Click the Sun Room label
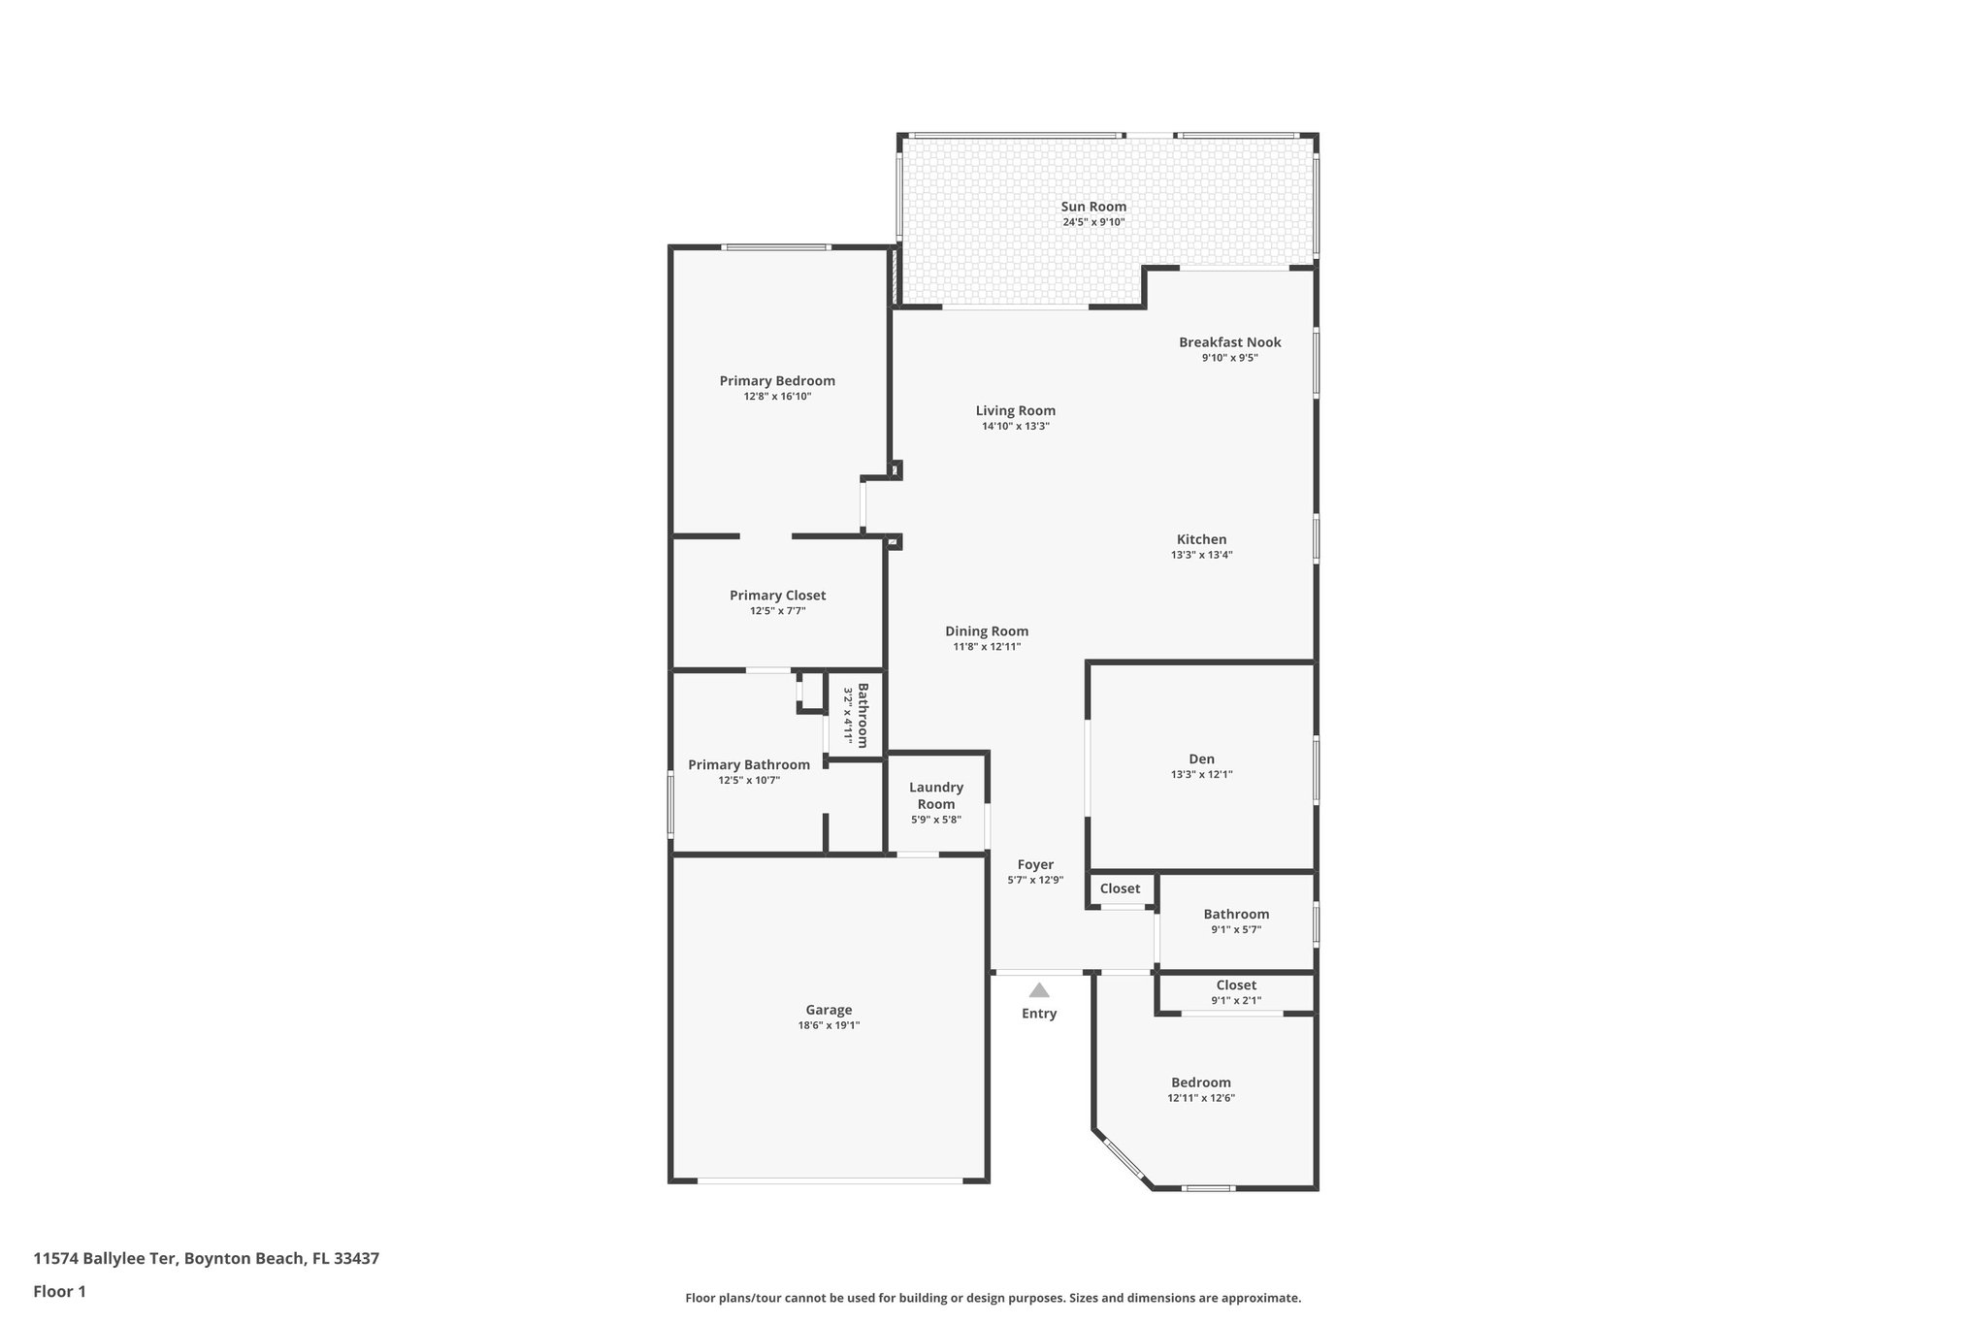tap(1093, 207)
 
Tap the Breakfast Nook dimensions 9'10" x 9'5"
tap(1229, 358)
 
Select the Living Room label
tap(1015, 410)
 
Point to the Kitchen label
tap(1201, 539)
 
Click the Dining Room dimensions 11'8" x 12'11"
tap(987, 647)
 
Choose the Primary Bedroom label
tap(776, 381)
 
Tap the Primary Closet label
tap(777, 596)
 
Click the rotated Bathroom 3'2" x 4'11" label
tap(855, 715)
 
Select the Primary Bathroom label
tap(748, 764)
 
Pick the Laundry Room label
tap(935, 795)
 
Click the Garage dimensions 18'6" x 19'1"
tap(828, 1025)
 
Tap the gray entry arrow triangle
tap(1038, 990)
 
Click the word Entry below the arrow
tap(1038, 1014)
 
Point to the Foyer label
tap(1035, 864)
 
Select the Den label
tap(1201, 759)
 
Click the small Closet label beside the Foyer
tap(1120, 888)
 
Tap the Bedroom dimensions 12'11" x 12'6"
tap(1200, 1099)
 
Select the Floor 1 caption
tap(59, 1291)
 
